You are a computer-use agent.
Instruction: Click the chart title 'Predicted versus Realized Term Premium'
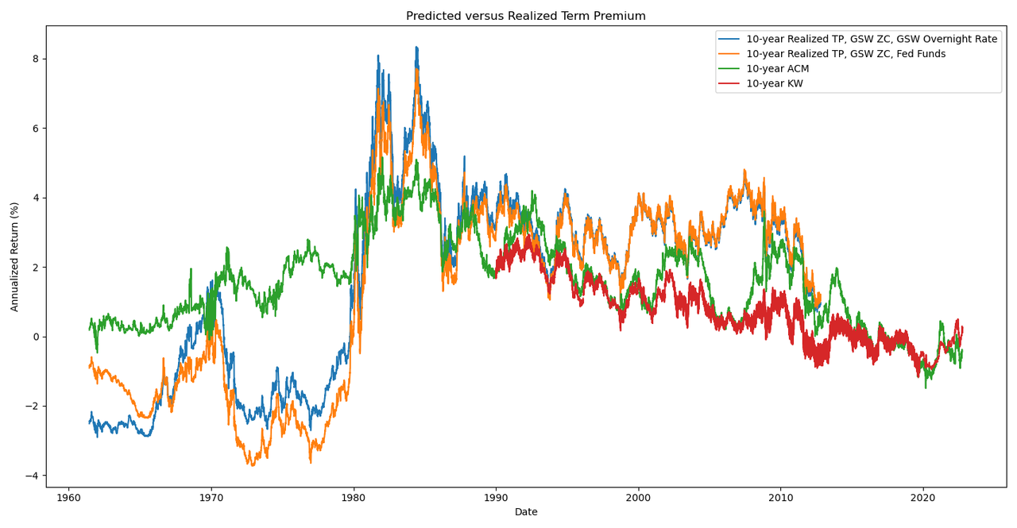coord(525,16)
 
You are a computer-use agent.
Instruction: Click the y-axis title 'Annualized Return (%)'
coord(15,256)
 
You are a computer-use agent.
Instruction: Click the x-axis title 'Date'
coord(526,512)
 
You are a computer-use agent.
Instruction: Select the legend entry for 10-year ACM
coord(777,69)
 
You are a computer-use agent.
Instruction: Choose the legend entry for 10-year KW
coord(775,83)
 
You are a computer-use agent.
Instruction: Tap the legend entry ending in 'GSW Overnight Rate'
coord(872,39)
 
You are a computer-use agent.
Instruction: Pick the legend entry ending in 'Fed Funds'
coord(845,54)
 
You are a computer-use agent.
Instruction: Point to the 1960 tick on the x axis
coord(68,498)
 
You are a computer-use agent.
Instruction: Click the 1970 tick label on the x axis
coord(211,498)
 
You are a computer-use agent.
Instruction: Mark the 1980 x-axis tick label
coord(354,498)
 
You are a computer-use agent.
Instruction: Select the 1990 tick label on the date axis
coord(496,498)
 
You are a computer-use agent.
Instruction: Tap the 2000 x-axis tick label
coord(638,498)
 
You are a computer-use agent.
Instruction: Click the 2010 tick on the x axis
coord(780,498)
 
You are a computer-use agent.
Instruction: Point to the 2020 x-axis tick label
coord(923,498)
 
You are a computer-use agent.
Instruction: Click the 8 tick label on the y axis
coord(35,59)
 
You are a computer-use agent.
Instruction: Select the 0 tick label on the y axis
coord(35,337)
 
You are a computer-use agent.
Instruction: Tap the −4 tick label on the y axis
coord(32,476)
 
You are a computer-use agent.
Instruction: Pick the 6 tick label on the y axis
coord(35,129)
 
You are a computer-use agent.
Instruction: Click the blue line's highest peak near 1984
coord(416,47)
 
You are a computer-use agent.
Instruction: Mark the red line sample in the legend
coord(729,83)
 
